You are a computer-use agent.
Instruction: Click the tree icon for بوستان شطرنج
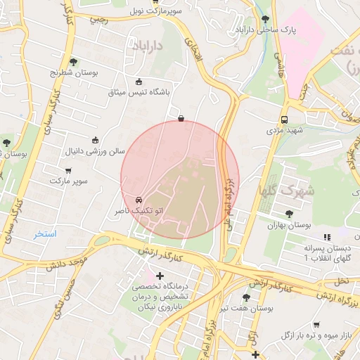(x=74, y=62)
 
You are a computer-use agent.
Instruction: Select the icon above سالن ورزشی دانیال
(x=95, y=140)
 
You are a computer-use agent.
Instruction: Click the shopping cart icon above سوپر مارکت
(x=68, y=170)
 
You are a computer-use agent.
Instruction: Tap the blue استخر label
(x=45, y=233)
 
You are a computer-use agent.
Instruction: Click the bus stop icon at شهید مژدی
(x=284, y=120)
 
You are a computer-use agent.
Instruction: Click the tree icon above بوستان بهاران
(x=289, y=214)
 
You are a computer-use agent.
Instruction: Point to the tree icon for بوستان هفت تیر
(x=245, y=297)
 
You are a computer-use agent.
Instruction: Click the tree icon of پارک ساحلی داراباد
(x=265, y=19)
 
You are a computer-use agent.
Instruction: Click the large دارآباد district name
(x=148, y=44)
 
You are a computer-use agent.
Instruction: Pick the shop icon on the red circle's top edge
(x=181, y=119)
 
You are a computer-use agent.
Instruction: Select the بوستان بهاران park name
(x=289, y=225)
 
